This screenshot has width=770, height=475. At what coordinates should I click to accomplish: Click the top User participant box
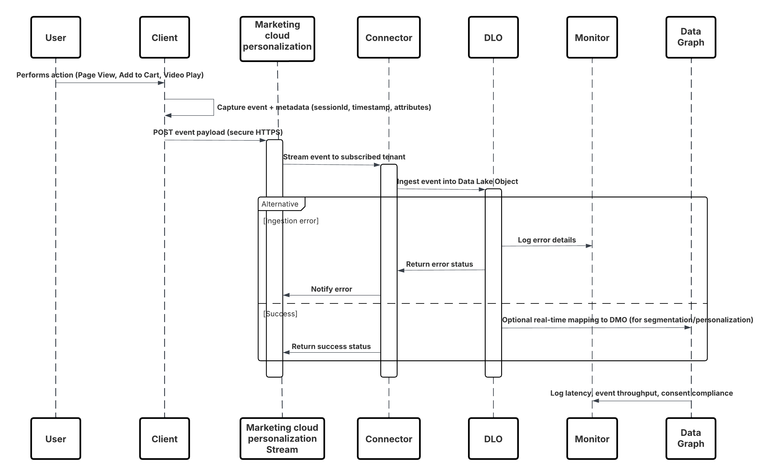pos(56,37)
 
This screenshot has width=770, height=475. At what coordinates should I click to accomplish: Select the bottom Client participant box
pos(164,439)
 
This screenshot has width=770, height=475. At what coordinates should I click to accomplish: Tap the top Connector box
pos(389,37)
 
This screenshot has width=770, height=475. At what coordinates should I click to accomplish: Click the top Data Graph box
pos(691,37)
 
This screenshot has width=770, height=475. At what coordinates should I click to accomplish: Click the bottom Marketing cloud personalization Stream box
pos(282,439)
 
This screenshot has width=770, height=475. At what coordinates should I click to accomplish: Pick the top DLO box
pos(493,37)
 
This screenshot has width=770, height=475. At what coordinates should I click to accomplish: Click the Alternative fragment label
pos(280,204)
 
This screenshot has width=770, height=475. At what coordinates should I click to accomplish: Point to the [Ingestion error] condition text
pos(291,221)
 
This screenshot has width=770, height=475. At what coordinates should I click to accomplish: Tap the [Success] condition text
pos(280,314)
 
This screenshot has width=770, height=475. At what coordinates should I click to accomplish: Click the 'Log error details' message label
pos(547,240)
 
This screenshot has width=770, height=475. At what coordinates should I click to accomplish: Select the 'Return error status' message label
pos(439,264)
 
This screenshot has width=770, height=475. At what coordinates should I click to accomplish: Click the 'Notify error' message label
pos(331,289)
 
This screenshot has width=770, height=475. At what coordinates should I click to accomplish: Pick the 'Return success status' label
pos(331,347)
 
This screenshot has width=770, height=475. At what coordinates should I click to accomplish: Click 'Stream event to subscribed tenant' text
pos(344,157)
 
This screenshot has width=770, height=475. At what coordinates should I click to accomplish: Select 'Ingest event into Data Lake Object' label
pos(457,181)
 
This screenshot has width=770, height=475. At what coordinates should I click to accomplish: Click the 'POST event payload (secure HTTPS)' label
pos(217,132)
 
